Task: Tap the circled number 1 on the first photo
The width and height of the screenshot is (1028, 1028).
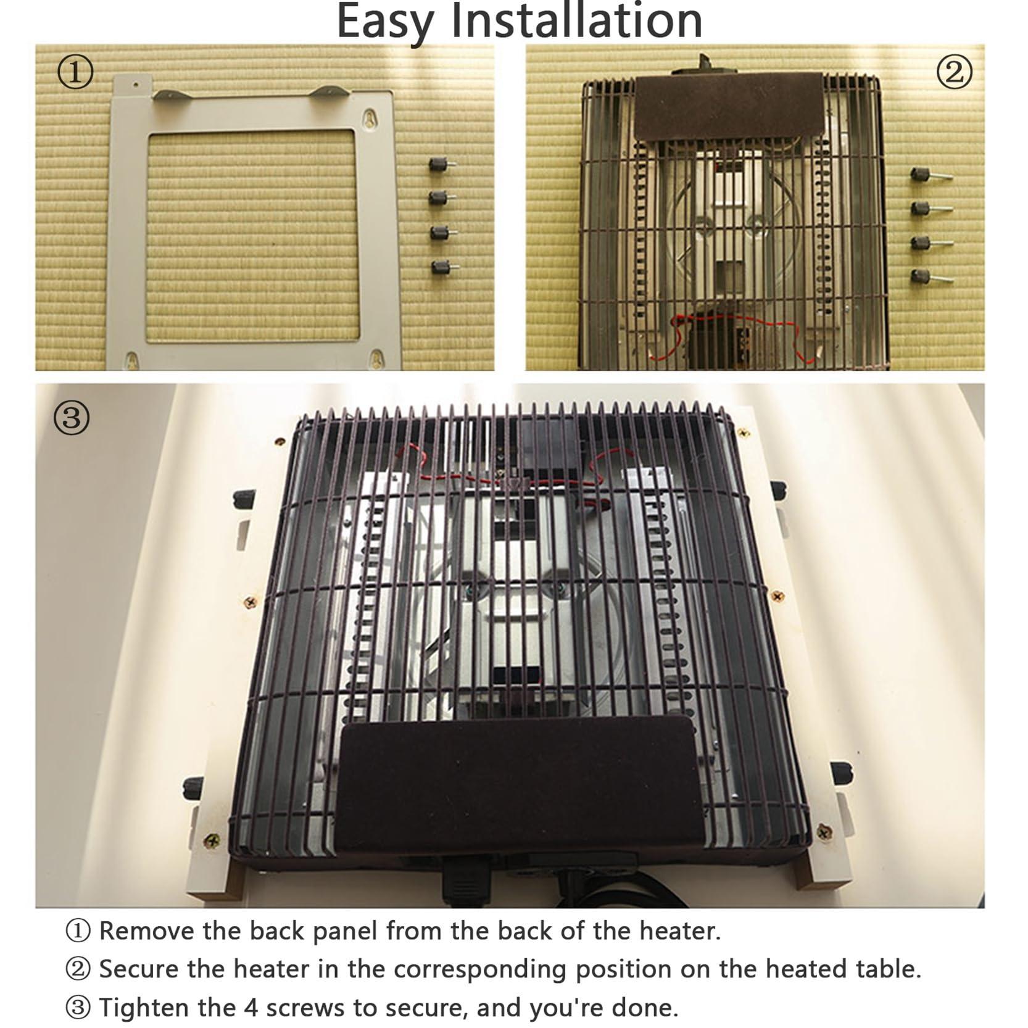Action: tap(75, 72)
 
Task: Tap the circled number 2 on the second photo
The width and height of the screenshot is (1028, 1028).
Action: tap(954, 73)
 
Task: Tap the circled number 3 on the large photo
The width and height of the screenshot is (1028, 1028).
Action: tap(72, 418)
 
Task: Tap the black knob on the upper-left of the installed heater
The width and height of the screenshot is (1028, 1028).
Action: tap(244, 499)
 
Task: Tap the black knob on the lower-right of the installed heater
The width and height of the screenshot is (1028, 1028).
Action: tap(840, 772)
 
